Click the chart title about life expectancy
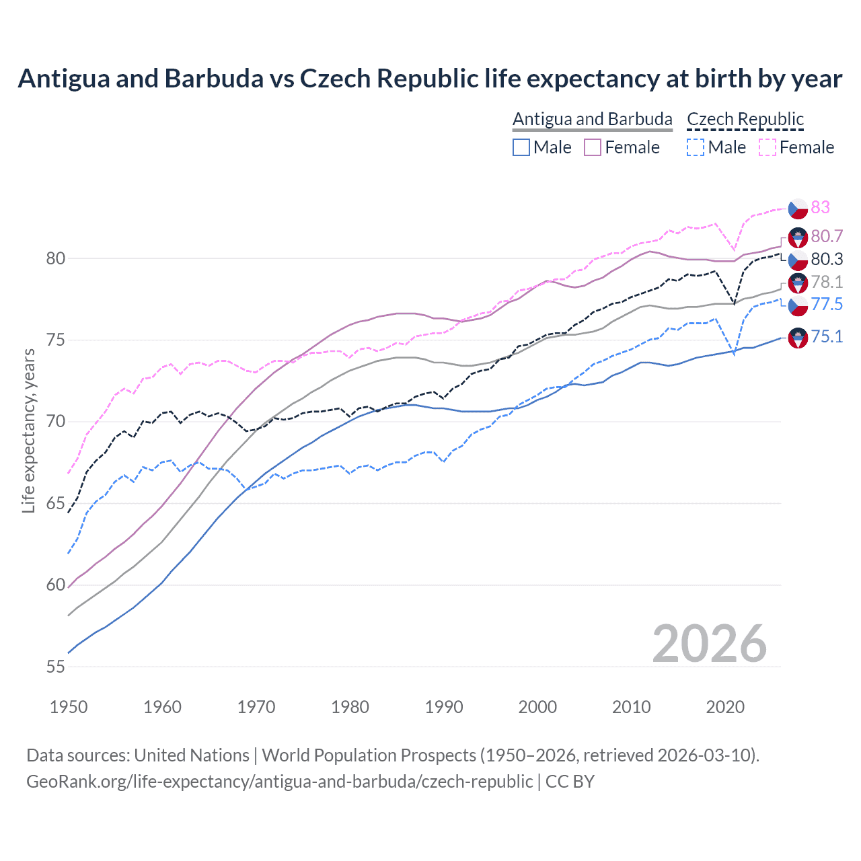[430, 79]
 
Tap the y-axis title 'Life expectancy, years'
[28, 431]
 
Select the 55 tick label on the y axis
[56, 667]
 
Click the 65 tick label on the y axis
[56, 503]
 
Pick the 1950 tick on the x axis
[69, 707]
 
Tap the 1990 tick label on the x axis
[444, 707]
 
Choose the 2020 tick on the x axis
[725, 707]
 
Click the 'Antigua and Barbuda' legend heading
[592, 119]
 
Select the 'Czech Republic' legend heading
[745, 119]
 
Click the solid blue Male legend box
[521, 147]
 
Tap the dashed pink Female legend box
[768, 147]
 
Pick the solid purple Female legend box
[593, 147]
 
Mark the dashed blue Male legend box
[696, 147]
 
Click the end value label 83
[820, 207]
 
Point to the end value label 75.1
[827, 336]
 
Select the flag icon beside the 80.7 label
[798, 237]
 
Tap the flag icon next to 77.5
[798, 306]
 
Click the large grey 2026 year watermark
[709, 644]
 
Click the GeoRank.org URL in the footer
[279, 782]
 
